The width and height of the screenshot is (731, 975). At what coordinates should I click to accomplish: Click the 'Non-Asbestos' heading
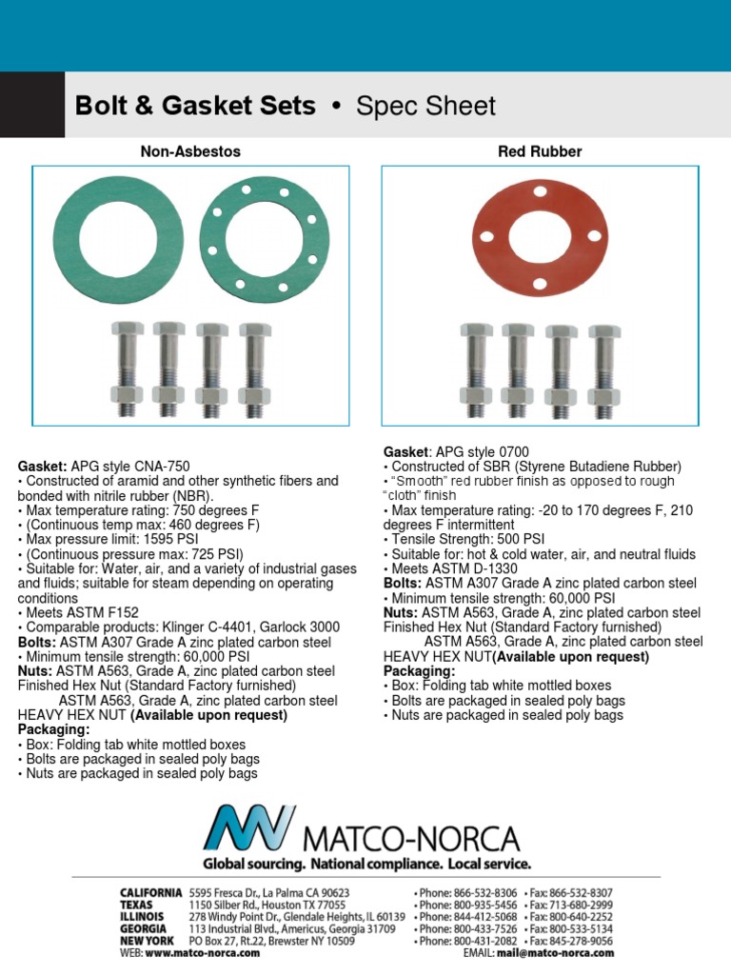[x=190, y=151]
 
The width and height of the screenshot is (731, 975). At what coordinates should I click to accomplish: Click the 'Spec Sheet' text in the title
[x=425, y=106]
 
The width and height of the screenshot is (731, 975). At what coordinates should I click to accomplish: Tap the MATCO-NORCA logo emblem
[x=250, y=829]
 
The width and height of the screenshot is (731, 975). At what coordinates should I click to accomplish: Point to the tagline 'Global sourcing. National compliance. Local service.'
[x=365, y=865]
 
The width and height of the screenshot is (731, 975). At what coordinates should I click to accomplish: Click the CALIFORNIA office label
[x=150, y=892]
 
